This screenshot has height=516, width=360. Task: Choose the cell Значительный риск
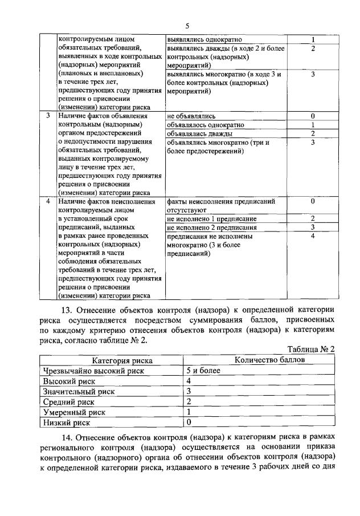coord(79,392)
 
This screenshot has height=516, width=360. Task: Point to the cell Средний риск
coord(68,402)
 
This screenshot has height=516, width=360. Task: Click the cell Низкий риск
coord(67,422)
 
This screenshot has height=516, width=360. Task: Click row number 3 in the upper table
coord(48,116)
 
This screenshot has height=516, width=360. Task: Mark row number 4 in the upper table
coord(48,201)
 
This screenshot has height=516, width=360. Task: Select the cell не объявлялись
coord(191,116)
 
